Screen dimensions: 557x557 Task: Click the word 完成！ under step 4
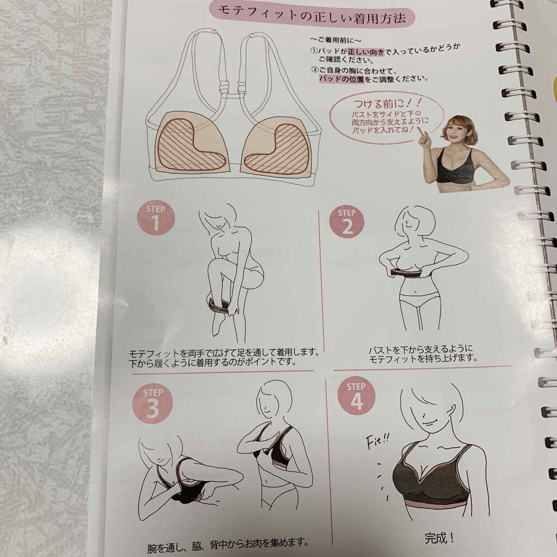[440, 538]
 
